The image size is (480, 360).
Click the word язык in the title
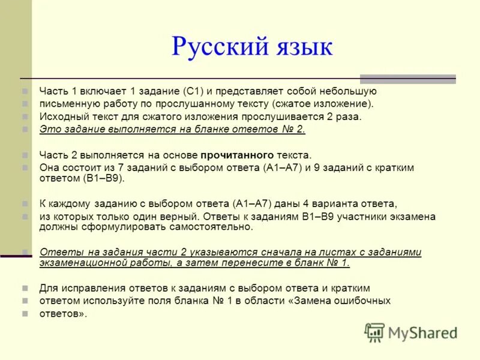click(x=297, y=46)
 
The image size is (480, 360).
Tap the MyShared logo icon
click(x=374, y=332)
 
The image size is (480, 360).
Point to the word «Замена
click(x=311, y=301)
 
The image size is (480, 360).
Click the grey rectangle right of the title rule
click(x=407, y=79)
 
